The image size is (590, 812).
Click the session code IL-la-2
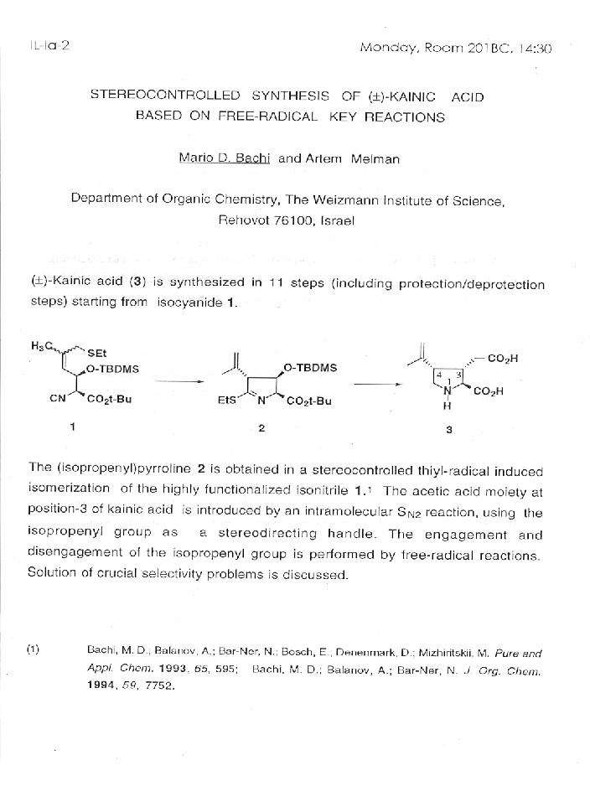coord(41,46)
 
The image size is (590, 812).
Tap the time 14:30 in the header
coord(535,48)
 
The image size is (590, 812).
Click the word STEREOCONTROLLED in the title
coord(165,97)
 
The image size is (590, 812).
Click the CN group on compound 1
coord(58,399)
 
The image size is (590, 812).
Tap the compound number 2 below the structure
coord(261,428)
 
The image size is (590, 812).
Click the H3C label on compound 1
coord(42,345)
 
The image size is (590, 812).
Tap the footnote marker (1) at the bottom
coord(34,649)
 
